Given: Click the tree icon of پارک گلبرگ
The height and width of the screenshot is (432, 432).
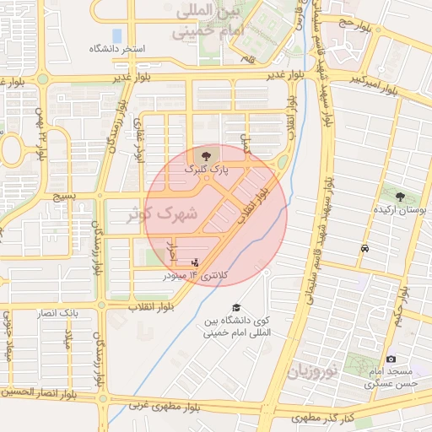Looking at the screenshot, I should (206, 155).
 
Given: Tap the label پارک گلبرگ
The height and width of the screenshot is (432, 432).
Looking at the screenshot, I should (206, 170).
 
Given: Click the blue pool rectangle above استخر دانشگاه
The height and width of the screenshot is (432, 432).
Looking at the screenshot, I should (116, 35).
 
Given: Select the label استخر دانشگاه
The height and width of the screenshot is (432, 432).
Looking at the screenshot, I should (118, 50).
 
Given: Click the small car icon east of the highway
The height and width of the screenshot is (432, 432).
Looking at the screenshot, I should (364, 249).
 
